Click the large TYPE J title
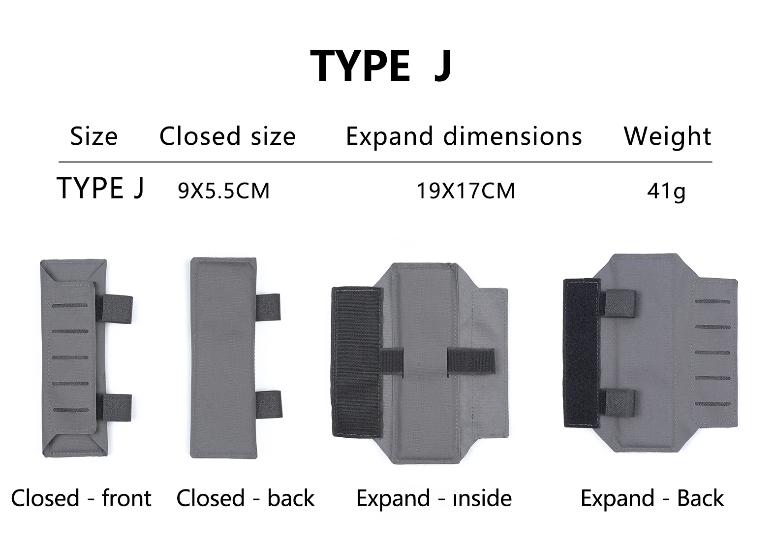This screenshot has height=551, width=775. pyautogui.click(x=381, y=65)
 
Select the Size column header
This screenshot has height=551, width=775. pyautogui.click(x=94, y=136)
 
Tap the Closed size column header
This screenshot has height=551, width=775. pyautogui.click(x=227, y=136)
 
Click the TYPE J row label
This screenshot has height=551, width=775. pyautogui.click(x=100, y=188)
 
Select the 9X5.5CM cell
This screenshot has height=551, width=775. pyautogui.click(x=223, y=191)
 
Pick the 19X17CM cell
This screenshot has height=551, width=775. pyautogui.click(x=465, y=191)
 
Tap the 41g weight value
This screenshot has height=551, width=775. pyautogui.click(x=666, y=191)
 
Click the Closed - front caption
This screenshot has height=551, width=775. pyautogui.click(x=81, y=498)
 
